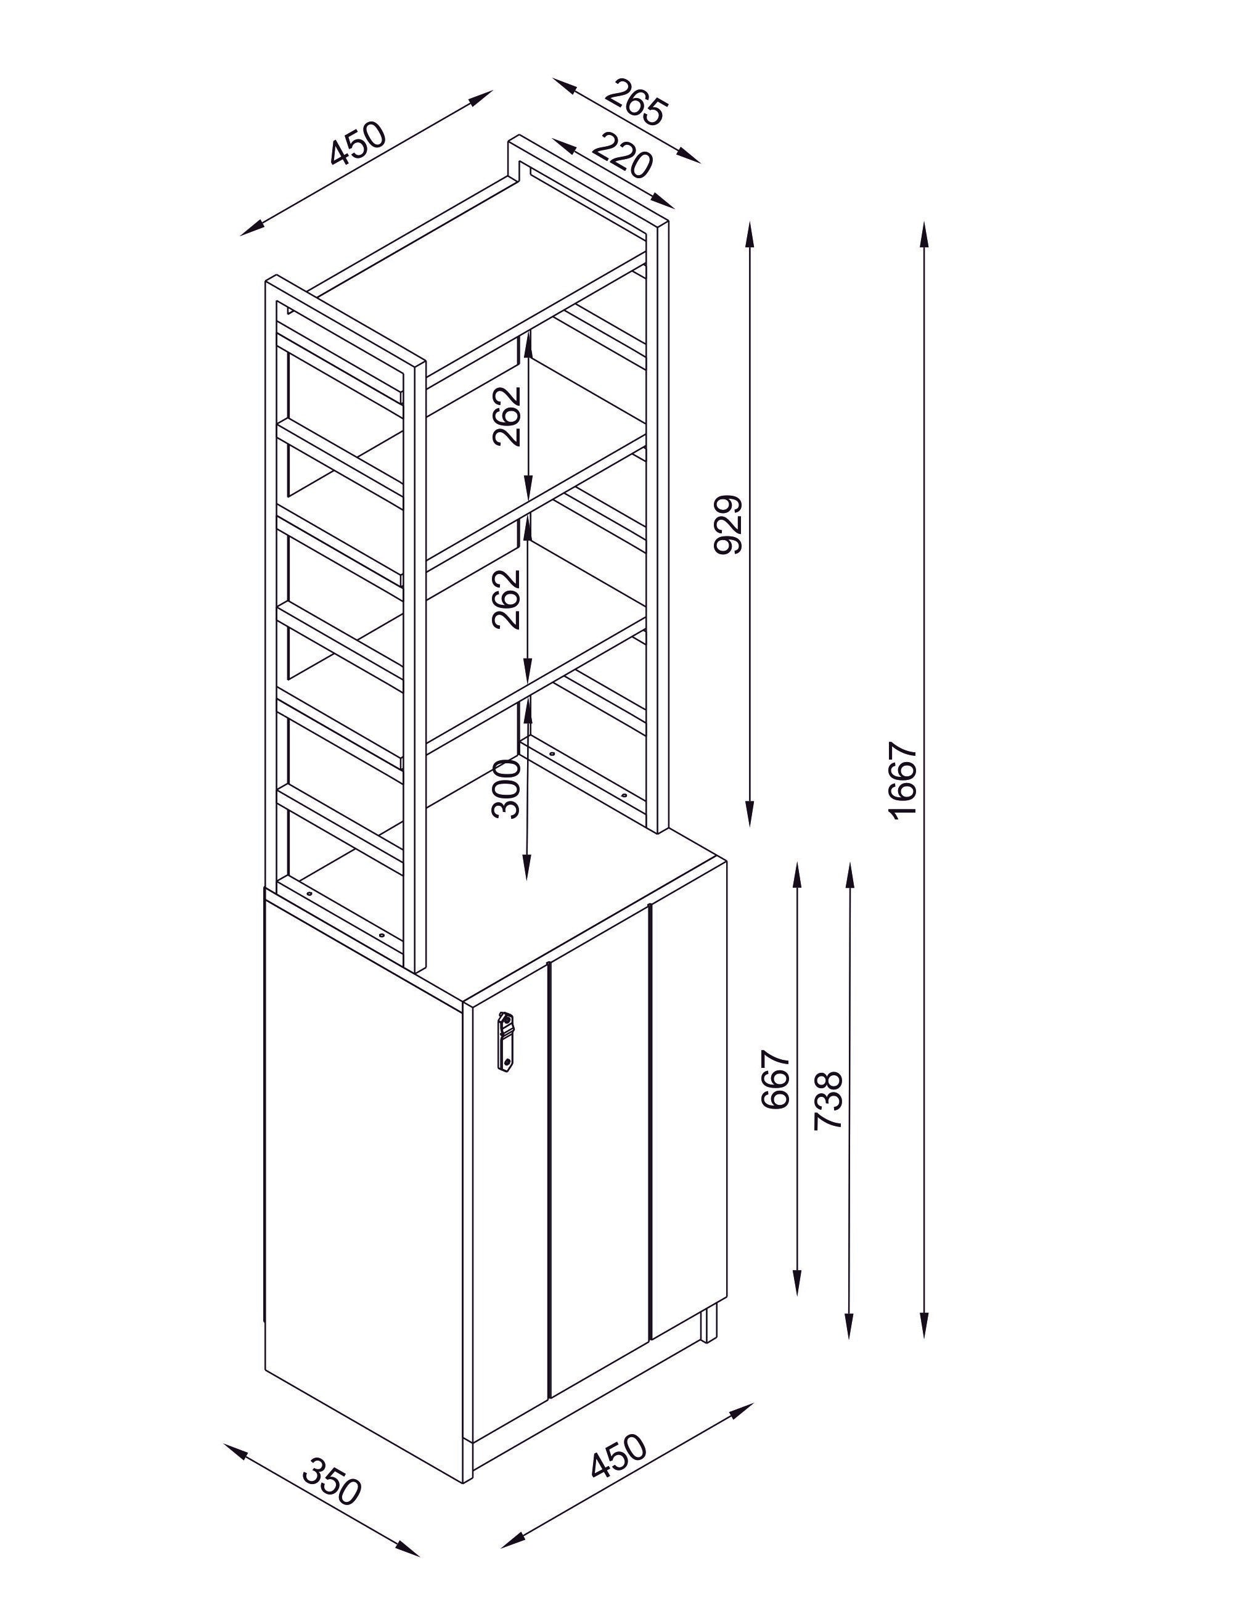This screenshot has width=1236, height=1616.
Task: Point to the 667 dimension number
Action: pyautogui.click(x=776, y=1080)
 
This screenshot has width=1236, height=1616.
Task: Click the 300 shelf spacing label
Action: pyautogui.click(x=506, y=789)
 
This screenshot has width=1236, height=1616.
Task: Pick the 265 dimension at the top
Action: pyautogui.click(x=635, y=102)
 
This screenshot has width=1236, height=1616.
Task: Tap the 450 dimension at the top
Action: pyautogui.click(x=357, y=144)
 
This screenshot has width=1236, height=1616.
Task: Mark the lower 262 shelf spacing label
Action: pyautogui.click(x=506, y=599)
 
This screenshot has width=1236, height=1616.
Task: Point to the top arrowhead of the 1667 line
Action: pyautogui.click(x=925, y=236)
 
